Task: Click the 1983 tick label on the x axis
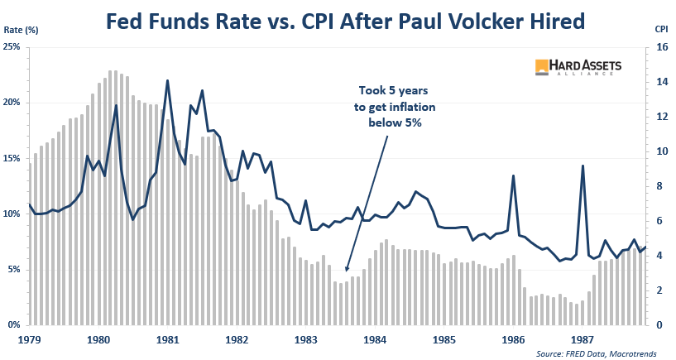[x=306, y=339]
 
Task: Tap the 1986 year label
[x=514, y=339]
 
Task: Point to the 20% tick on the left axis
[x=14, y=102]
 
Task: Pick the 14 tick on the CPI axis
[x=661, y=82]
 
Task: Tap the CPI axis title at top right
[x=661, y=28]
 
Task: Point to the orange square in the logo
[x=543, y=67]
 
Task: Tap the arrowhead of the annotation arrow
[x=347, y=270]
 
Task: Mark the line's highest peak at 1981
[x=168, y=80]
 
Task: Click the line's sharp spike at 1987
[x=583, y=166]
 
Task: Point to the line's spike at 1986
[x=514, y=175]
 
